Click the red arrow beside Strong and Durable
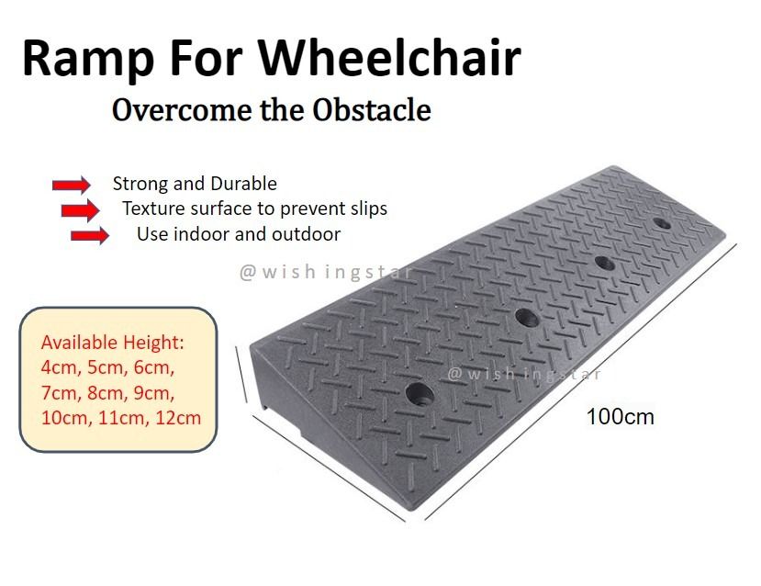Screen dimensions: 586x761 [x=71, y=185]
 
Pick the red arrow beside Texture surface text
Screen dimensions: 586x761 [x=80, y=210]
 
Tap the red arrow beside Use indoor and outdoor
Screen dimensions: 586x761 [x=89, y=236]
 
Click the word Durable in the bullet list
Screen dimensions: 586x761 [x=243, y=184]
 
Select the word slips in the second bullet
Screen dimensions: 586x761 [x=364, y=208]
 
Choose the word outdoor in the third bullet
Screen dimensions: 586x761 [x=306, y=234]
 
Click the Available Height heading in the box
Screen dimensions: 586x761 [x=113, y=343]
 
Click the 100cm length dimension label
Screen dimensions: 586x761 [x=620, y=416]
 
